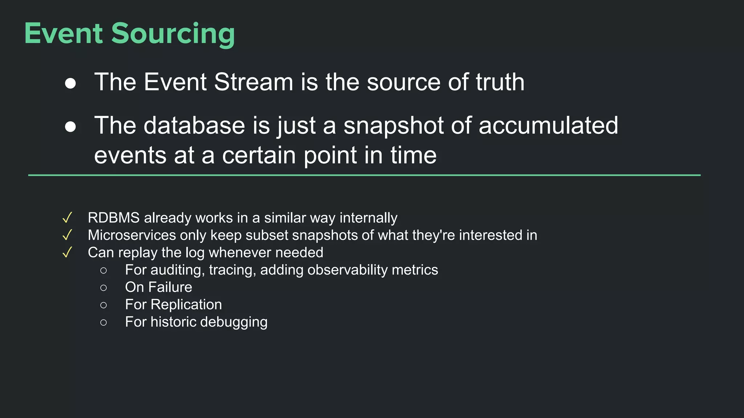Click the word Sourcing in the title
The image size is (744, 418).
coord(173,34)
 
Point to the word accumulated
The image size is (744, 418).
coord(548,126)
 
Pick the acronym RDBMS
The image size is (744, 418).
coord(114,218)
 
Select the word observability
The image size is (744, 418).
coord(348,270)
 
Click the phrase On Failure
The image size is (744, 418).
coord(158,287)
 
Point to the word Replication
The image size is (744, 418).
coord(186,305)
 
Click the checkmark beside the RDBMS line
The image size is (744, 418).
coord(67,218)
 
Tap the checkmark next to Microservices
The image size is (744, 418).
coord(67,235)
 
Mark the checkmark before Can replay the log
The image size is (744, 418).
coord(67,253)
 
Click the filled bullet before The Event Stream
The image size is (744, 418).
coord(70,83)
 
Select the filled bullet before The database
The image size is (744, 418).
coord(70,127)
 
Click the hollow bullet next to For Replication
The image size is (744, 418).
coord(104,305)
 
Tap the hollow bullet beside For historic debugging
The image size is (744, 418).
coord(104,323)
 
